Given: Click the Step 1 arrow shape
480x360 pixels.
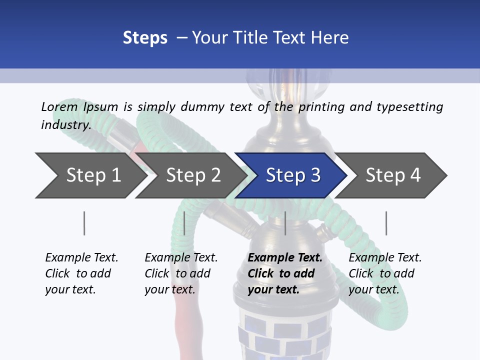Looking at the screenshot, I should [x=92, y=175].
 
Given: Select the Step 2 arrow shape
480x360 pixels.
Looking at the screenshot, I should [x=193, y=175].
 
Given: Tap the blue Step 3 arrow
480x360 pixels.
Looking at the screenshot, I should [x=292, y=175].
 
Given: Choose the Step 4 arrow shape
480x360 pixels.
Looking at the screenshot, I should [x=392, y=175].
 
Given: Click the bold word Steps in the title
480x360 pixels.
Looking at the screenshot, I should [x=145, y=38].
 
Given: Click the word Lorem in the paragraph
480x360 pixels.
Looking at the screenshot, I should [x=59, y=106].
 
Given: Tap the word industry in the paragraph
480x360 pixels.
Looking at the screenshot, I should [x=65, y=124].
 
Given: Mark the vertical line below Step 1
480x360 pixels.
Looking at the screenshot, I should [x=84, y=223].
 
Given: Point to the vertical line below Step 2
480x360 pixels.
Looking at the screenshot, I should [x=184, y=223].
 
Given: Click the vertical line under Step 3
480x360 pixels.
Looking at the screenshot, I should [x=285, y=223].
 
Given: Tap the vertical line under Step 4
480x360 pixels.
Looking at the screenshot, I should [x=386, y=223].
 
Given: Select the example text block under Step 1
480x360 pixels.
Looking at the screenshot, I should [x=81, y=273].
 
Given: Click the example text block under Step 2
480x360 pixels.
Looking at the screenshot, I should [x=180, y=273].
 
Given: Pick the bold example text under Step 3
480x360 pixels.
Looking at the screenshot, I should [x=284, y=273].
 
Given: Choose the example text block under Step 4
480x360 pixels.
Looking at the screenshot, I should [x=384, y=273].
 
